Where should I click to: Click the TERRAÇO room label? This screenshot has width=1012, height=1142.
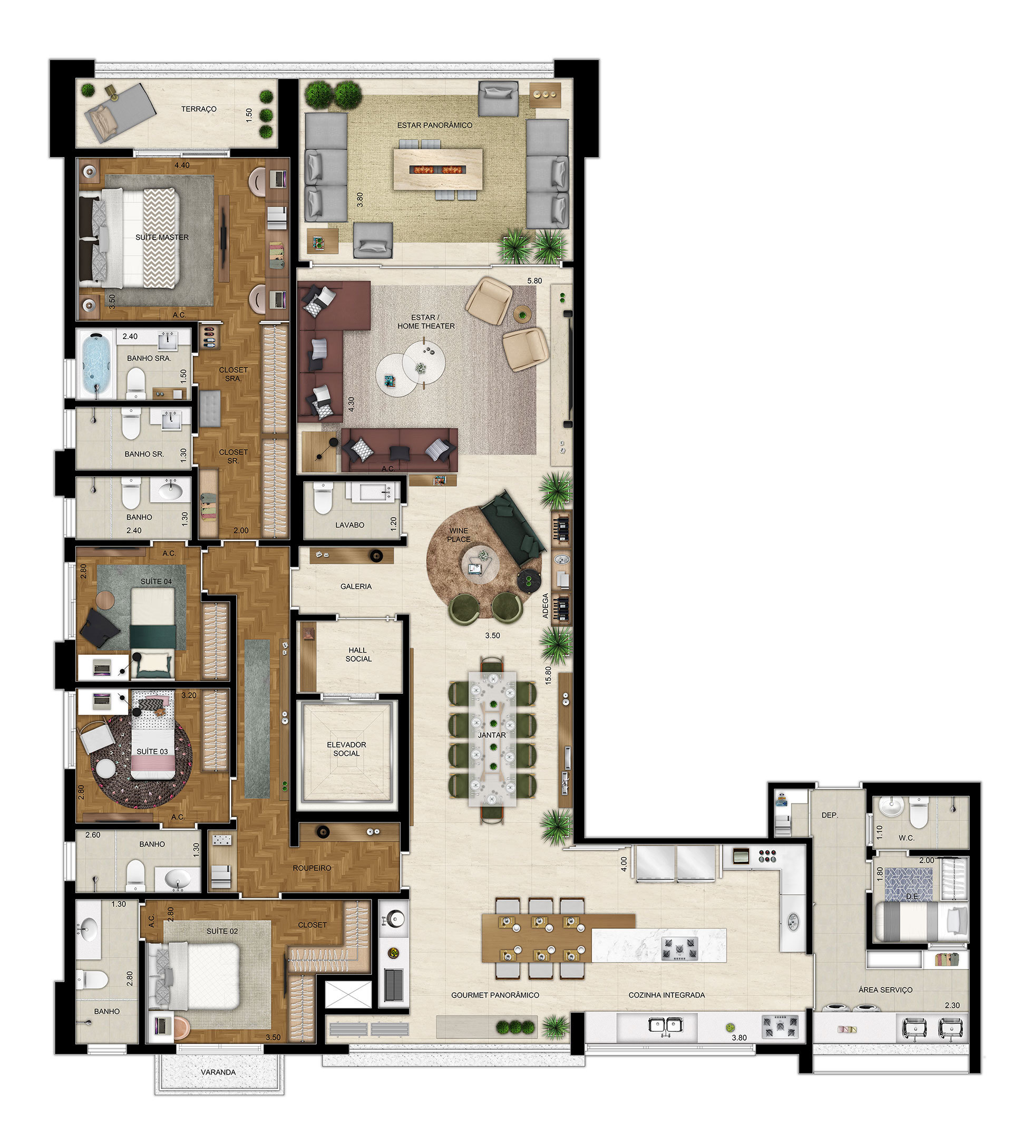point(198,109)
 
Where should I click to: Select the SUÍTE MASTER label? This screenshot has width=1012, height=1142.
point(162,237)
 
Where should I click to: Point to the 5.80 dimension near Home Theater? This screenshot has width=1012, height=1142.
point(534,280)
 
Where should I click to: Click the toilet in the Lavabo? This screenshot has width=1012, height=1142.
point(322,498)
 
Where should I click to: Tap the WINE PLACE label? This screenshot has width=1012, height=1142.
point(459,535)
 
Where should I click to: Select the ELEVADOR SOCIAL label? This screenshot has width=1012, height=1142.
point(346,749)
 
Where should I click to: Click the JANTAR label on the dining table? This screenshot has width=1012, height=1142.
point(491,734)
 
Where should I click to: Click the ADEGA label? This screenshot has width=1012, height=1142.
point(546,605)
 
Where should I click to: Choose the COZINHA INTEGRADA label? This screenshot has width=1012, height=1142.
point(666,995)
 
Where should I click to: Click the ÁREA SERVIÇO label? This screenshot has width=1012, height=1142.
point(885,990)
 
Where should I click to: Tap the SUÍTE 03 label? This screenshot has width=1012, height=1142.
point(152,751)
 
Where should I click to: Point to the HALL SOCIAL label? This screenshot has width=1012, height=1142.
point(358,654)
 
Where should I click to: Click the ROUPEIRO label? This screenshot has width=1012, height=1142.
point(312,868)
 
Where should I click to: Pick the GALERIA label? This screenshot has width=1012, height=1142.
point(356,586)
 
